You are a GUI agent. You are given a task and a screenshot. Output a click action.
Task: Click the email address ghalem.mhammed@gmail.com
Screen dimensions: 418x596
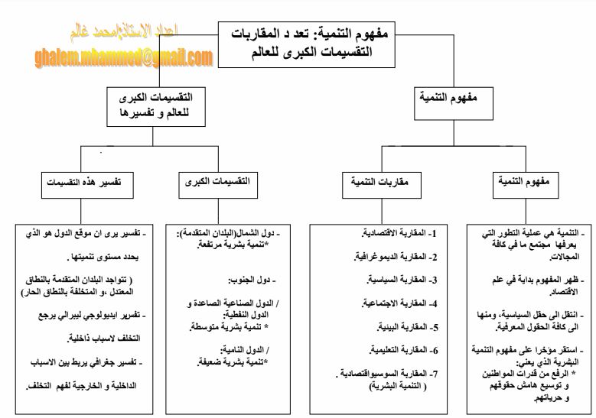123,58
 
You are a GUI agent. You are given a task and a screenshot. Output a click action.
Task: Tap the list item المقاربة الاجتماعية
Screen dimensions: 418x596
398,303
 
